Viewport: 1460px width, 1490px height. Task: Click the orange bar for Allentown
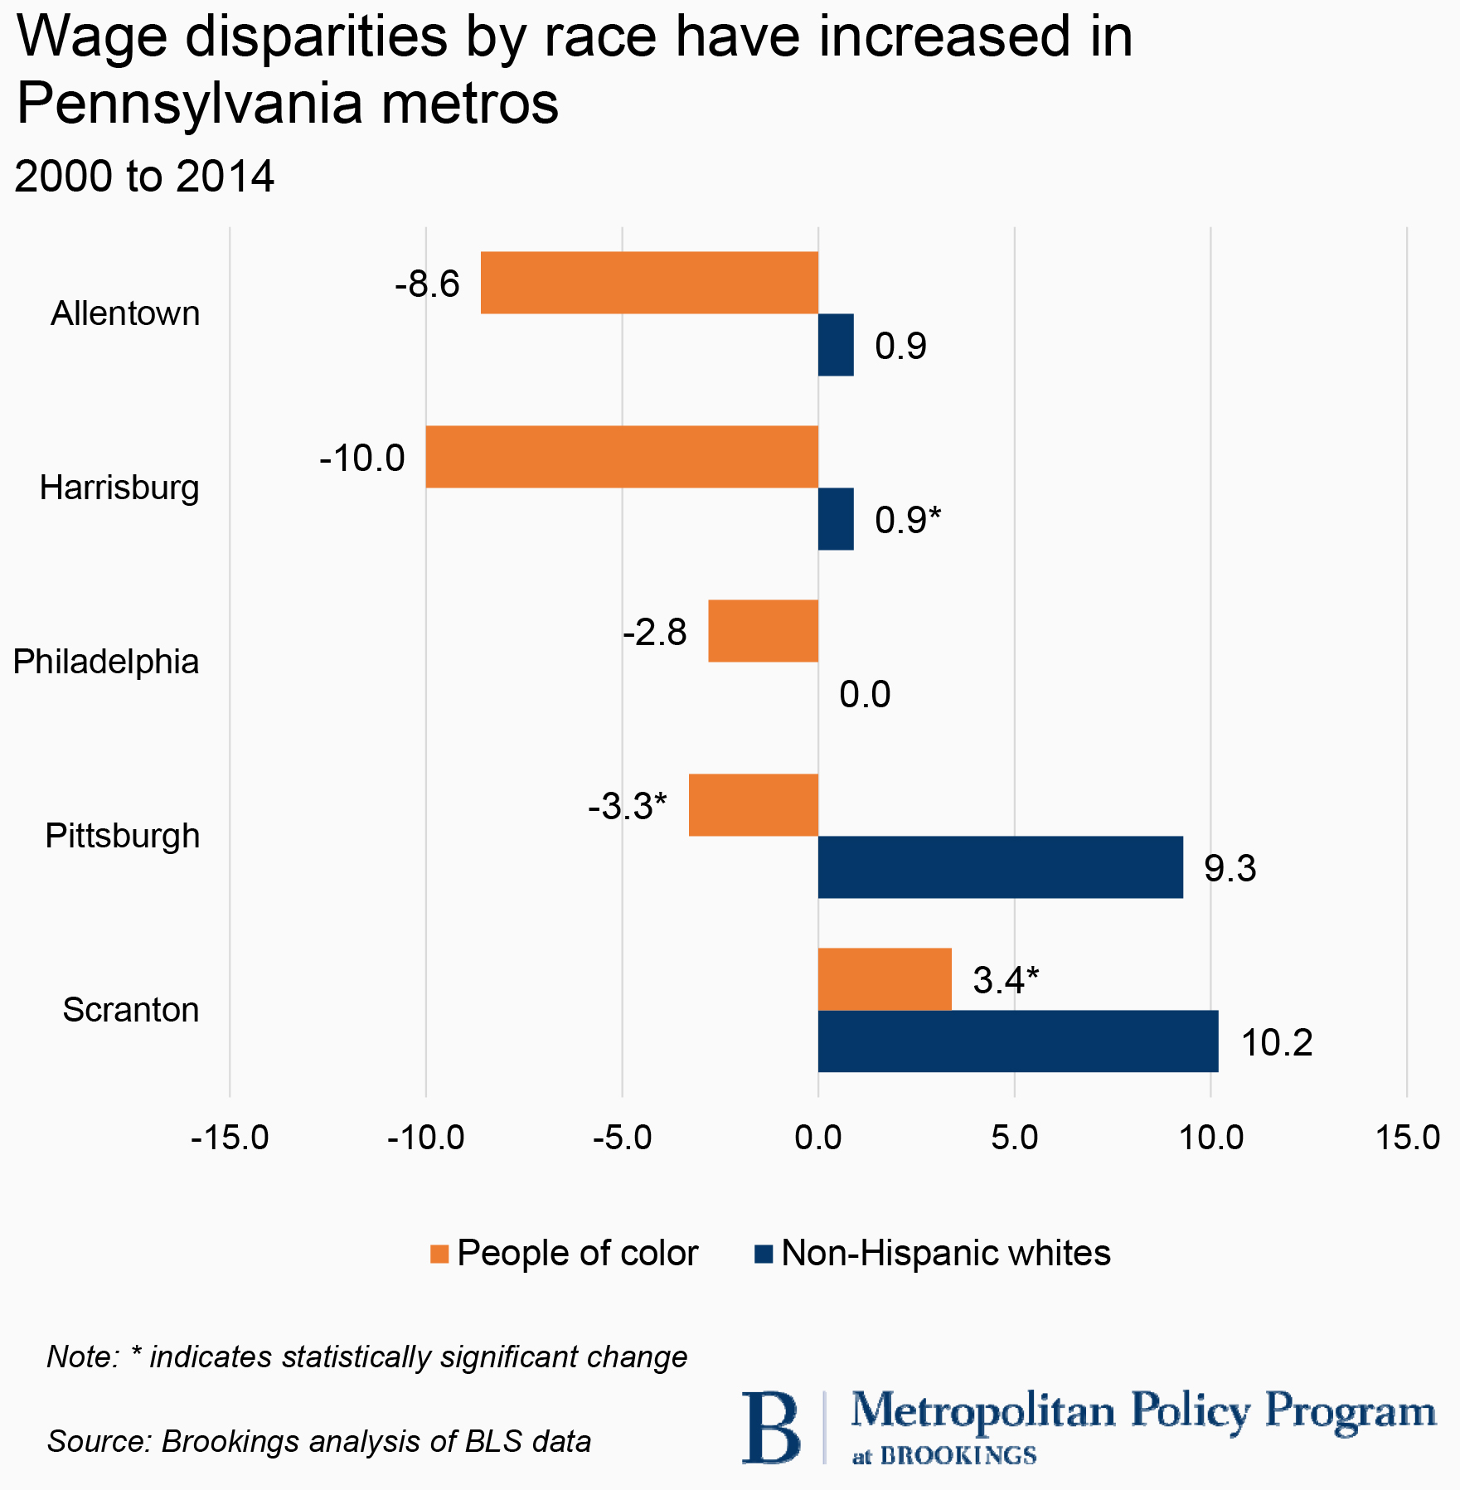649,283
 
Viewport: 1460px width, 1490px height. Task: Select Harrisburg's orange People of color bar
622,457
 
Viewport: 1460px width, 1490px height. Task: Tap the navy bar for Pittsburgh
1000,866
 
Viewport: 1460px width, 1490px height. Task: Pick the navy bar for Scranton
1018,1041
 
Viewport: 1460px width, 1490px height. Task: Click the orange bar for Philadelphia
763,631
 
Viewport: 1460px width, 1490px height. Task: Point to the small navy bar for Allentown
836,345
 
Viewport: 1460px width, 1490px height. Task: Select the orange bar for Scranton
885,979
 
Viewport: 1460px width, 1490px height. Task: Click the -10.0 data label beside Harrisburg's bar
362,458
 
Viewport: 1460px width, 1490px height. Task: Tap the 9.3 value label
1230,868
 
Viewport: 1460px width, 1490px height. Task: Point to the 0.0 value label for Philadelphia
865,694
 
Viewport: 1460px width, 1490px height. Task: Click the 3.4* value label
1006,980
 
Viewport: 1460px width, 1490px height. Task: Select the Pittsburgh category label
123,836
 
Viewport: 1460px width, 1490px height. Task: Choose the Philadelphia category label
106,662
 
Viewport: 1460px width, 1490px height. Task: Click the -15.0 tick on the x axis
230,1138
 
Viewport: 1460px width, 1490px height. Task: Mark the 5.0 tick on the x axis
1015,1138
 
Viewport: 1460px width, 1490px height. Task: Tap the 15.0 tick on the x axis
1407,1138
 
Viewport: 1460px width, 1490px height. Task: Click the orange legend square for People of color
439,1254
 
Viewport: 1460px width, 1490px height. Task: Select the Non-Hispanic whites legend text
946,1253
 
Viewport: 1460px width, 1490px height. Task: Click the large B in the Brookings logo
771,1427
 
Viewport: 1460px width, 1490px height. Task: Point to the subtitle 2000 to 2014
144,177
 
